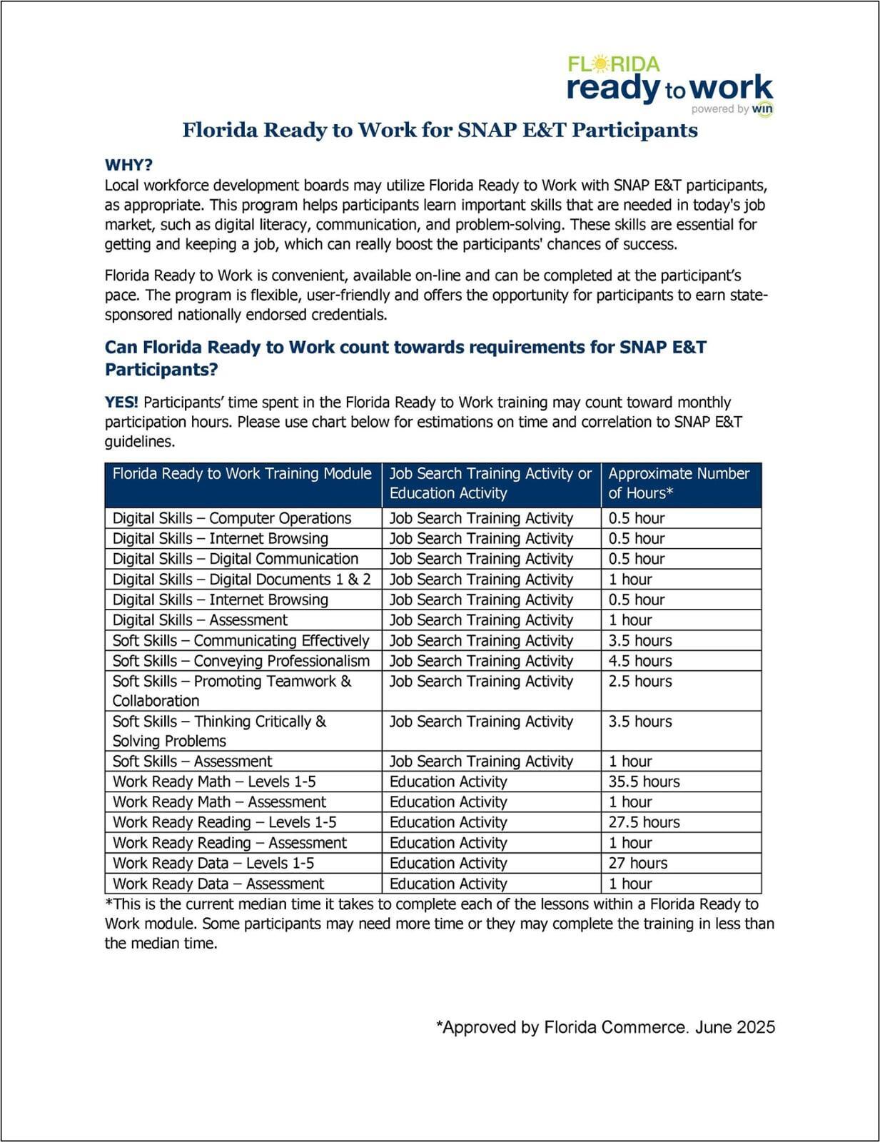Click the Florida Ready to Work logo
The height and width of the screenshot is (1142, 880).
(669, 85)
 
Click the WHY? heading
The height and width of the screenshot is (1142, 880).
(128, 165)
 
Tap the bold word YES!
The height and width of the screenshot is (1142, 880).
(121, 403)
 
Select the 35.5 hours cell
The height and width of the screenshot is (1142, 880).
(644, 782)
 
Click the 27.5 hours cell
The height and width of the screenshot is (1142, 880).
(644, 822)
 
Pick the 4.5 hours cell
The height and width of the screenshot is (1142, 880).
(640, 661)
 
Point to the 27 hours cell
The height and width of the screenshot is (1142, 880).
(637, 863)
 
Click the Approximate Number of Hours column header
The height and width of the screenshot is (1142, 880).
(678, 483)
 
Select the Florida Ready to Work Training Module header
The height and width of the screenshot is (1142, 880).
(242, 474)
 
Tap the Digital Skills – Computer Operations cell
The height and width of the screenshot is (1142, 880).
(232, 518)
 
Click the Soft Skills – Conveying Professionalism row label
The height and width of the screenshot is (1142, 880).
(241, 661)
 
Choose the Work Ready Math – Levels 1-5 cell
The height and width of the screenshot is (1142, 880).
(214, 782)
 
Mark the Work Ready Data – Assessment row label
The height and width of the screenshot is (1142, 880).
(218, 884)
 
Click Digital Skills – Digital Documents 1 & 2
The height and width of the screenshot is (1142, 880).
(241, 580)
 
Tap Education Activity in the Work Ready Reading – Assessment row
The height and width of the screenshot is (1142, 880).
(448, 843)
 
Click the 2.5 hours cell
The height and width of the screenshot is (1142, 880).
(640, 682)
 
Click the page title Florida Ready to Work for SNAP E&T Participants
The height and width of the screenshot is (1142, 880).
(440, 130)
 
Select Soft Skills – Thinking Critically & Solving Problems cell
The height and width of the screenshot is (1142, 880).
(219, 731)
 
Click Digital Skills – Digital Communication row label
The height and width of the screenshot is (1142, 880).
(236, 559)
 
